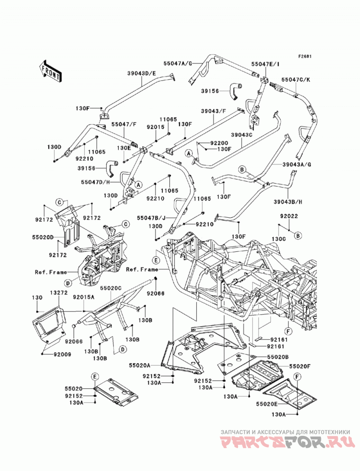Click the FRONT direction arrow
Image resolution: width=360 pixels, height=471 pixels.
coord(50,72)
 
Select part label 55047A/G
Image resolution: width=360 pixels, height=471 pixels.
coord(177,63)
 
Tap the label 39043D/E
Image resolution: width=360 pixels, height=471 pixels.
coord(141,73)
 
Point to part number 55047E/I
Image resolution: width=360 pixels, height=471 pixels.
coord(265,64)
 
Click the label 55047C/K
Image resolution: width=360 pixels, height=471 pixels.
coord(296,80)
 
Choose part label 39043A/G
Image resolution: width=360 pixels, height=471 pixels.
coord(296,164)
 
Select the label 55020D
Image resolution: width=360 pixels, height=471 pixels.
coord(43,238)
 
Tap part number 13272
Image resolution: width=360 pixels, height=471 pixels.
coord(58,292)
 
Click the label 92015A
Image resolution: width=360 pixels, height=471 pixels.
coord(84,297)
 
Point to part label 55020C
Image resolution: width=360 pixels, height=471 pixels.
coord(111,288)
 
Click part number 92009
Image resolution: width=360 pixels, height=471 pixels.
coord(63,354)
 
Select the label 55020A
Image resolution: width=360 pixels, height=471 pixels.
coord(140,365)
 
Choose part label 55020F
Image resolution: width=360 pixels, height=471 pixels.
coord(300,366)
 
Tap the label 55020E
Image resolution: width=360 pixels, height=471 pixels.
coord(267,404)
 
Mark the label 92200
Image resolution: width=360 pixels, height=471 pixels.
coord(219,144)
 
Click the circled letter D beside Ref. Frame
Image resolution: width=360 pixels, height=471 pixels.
coord(68,283)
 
